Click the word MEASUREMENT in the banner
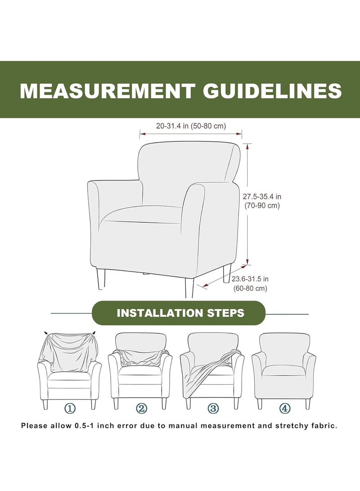coord(107,90)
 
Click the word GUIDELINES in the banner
coord(268,90)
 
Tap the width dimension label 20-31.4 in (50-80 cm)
coord(191,126)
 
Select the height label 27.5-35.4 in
coord(262,196)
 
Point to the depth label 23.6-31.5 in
coord(251,279)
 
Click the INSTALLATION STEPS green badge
coord(180,313)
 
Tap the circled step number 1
coord(70,408)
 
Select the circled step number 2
coord(141,408)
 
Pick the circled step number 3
coord(213,408)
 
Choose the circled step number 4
coord(285,408)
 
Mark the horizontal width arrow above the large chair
coord(191,134)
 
